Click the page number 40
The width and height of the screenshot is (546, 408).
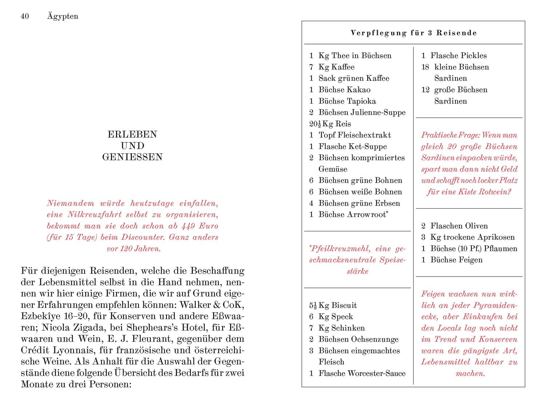25,16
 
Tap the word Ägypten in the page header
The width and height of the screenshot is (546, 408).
63,16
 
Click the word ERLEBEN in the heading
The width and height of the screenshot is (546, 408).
132,134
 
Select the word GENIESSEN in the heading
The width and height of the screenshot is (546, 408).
132,157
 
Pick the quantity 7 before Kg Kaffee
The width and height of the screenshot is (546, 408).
311,67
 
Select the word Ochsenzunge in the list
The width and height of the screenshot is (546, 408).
375,339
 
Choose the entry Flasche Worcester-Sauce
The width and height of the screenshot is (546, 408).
362,373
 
